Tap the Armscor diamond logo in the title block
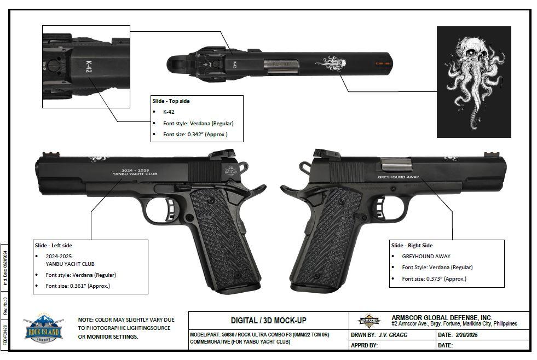[368, 321]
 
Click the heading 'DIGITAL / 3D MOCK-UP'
[268, 320]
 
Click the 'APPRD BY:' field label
[364, 345]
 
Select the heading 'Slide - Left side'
[53, 245]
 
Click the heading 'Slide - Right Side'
[412, 245]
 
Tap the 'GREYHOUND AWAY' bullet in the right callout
[426, 256]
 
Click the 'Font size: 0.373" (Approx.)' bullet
[434, 278]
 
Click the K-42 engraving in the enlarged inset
[88, 67]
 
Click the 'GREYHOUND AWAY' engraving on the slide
[398, 177]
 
